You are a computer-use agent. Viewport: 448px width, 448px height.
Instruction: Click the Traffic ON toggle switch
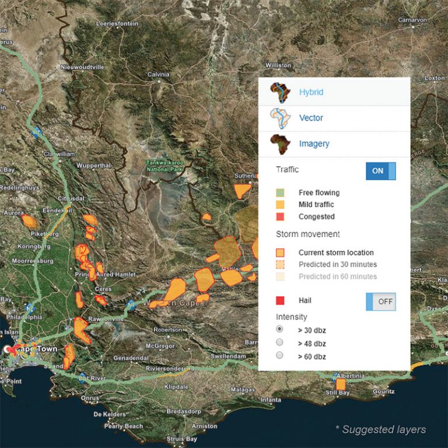point(380,171)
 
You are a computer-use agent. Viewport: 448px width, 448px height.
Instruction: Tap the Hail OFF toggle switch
point(380,302)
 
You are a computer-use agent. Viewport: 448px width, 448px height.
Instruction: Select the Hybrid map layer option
point(310,92)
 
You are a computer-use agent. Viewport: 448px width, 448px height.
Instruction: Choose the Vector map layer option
point(310,118)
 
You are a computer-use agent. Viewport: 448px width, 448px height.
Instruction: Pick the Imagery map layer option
point(314,143)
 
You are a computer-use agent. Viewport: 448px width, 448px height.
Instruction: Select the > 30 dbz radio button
point(279,330)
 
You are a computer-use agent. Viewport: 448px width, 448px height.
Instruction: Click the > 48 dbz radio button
point(279,342)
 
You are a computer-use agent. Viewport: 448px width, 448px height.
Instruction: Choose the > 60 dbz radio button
point(279,355)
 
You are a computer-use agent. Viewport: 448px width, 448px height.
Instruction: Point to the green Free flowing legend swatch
point(280,192)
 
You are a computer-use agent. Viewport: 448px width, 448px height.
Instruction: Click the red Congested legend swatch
point(280,216)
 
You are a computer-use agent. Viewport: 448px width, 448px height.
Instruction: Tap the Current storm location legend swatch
point(280,253)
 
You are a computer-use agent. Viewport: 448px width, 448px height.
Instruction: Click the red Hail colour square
point(280,300)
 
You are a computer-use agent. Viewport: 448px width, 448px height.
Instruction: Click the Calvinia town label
point(158,75)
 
